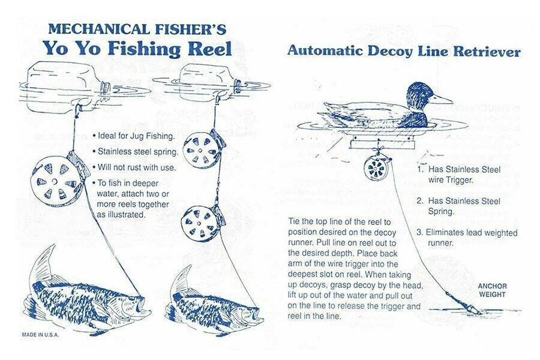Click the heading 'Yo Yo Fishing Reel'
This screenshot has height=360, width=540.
tap(136, 49)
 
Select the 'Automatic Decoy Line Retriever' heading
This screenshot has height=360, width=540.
tap(403, 52)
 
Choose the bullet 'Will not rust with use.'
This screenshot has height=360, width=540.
tap(133, 167)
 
